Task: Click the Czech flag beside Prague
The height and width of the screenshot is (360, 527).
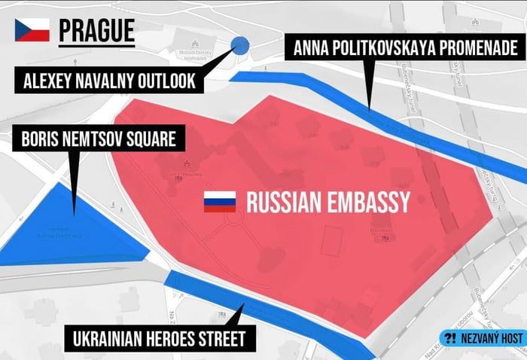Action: [32, 30]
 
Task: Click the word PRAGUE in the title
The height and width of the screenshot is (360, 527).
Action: [97, 30]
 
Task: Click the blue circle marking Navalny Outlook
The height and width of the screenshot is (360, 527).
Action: [240, 46]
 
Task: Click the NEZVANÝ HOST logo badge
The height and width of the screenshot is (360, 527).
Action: [482, 340]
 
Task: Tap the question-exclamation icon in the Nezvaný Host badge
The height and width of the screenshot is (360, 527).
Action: [451, 340]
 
